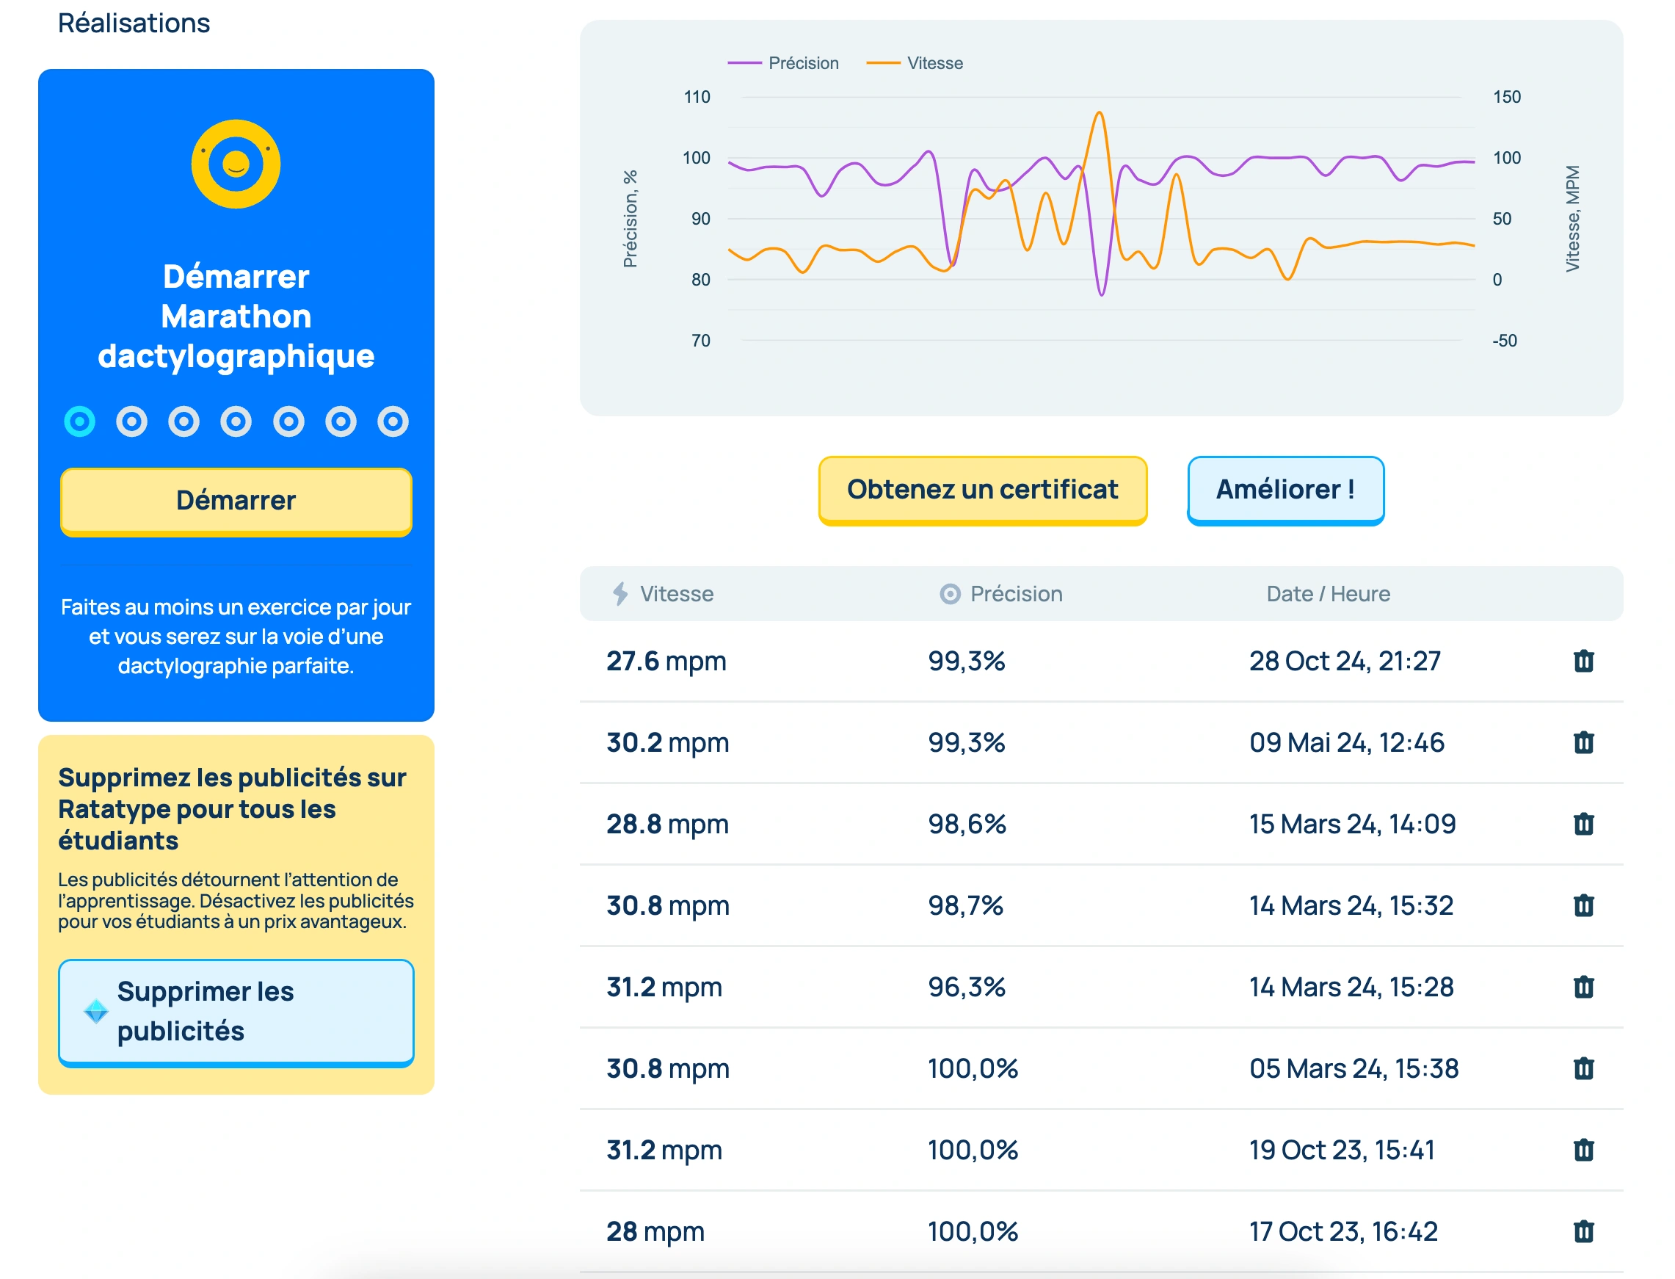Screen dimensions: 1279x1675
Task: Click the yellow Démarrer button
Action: coord(236,501)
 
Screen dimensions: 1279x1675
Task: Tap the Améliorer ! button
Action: coord(1285,490)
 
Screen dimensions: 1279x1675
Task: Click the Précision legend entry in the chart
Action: coord(784,63)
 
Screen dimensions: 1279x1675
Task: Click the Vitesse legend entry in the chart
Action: coord(915,63)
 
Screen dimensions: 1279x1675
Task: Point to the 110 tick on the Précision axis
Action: coord(697,98)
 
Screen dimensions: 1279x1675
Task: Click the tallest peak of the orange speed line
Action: coord(1099,113)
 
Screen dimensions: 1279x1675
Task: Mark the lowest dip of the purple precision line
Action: coord(1101,294)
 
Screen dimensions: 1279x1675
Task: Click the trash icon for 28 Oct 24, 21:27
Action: coord(1583,661)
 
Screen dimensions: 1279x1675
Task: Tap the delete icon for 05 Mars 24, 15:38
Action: coord(1583,1068)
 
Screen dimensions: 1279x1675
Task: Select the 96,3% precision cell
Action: coord(966,988)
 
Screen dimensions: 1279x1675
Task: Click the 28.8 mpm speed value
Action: coord(666,825)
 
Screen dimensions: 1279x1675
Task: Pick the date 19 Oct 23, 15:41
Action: coord(1341,1151)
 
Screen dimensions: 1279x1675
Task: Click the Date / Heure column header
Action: coord(1327,594)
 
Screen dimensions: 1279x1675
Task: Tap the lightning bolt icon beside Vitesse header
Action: coord(620,594)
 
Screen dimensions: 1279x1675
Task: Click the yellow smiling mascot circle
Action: coord(236,164)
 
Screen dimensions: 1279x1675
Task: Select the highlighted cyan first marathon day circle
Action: coord(80,421)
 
